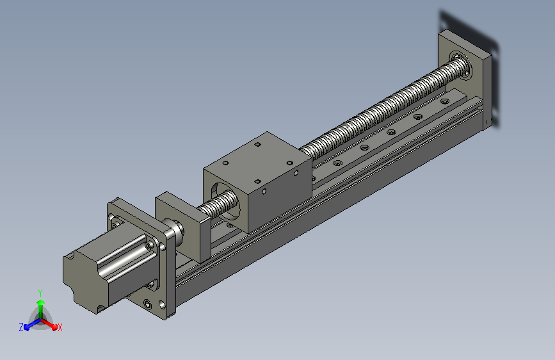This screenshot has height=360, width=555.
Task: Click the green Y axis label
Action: coord(40,293)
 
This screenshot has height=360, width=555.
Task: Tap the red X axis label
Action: coord(60,328)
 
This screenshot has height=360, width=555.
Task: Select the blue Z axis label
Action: coord(21,327)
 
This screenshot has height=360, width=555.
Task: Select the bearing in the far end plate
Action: coord(461,65)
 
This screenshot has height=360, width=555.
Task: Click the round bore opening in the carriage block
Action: coord(226,200)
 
